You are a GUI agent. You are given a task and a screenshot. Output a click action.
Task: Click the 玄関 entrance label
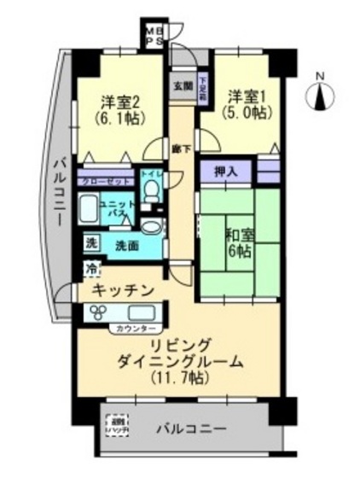(x=183, y=85)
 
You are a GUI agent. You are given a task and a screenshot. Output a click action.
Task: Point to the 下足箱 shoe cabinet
(x=203, y=88)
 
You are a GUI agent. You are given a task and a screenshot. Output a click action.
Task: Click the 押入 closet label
(x=226, y=170)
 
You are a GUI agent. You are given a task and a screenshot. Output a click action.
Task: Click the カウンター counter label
(x=130, y=329)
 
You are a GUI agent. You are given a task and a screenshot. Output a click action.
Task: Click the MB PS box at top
(x=156, y=33)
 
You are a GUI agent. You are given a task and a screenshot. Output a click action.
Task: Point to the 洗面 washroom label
(x=125, y=244)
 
